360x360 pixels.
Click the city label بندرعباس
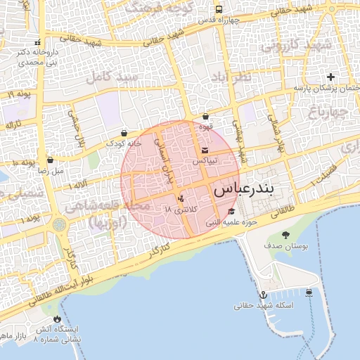[x=246, y=190]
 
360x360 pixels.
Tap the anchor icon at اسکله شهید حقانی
[x=263, y=295]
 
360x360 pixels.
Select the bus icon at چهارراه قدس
[x=219, y=10]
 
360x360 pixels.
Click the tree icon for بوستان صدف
[x=285, y=235]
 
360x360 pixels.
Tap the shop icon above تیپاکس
[x=205, y=150]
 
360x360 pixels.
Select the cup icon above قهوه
[x=205, y=117]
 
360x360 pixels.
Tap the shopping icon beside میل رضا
[x=49, y=160]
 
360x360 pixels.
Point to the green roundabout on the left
[x=58, y=224]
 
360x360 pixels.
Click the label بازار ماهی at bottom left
[x=13, y=337]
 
